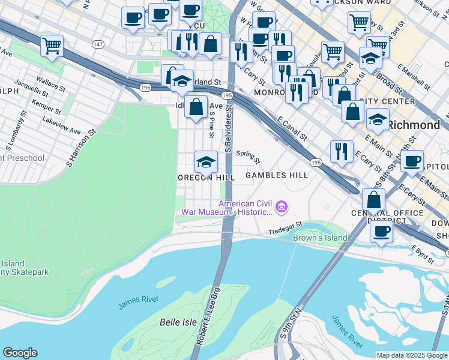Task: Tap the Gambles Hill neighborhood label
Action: [x=276, y=175]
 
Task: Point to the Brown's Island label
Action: [x=320, y=238]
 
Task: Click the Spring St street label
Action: [x=247, y=157]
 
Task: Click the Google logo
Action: [x=20, y=353]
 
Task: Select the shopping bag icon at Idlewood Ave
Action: [x=196, y=107]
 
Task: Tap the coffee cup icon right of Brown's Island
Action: [x=381, y=232]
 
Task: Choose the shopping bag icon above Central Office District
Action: [x=373, y=201]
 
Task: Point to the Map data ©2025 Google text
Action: [x=411, y=355]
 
